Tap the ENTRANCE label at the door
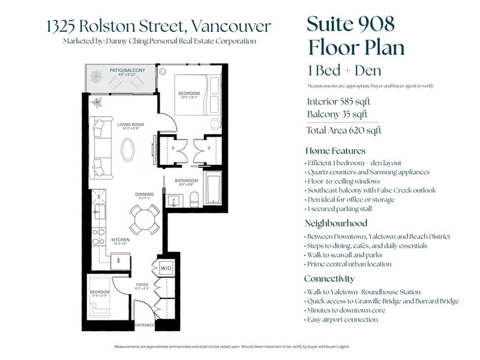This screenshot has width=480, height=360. [144, 325]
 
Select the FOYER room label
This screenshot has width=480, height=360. [142, 285]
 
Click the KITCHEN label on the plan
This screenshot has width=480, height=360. [121, 239]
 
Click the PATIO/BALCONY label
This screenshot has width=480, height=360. [127, 71]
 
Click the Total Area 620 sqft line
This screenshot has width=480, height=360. [344, 130]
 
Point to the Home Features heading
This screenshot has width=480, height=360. [335, 151]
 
